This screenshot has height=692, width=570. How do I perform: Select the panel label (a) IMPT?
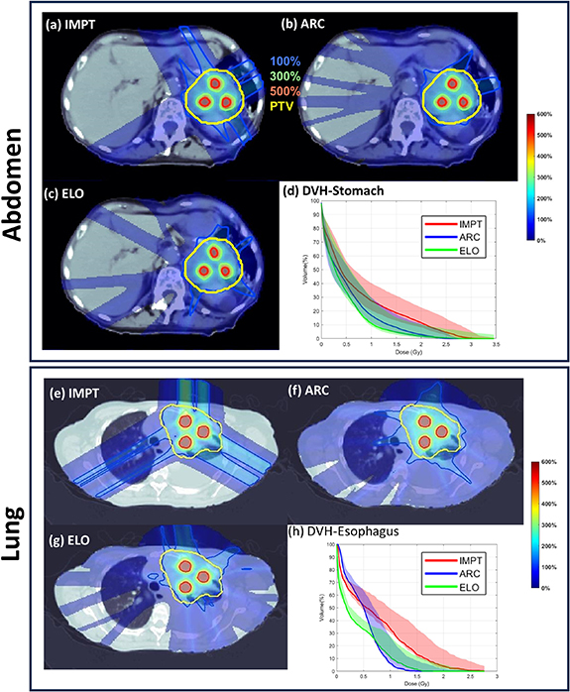pos(79,23)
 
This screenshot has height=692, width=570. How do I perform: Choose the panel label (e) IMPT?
pos(81,396)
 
